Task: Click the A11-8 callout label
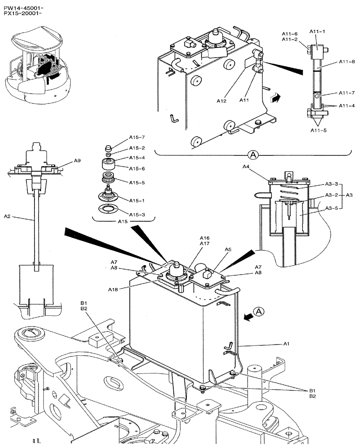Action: (x=347, y=61)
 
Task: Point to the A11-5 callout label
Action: (x=319, y=130)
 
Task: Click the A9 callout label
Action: (x=77, y=160)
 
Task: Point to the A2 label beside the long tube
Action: (x=7, y=216)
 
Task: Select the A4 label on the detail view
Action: (x=246, y=167)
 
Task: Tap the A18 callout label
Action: (x=113, y=290)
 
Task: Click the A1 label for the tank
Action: (x=287, y=344)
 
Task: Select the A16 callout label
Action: (x=204, y=238)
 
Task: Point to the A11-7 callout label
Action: (x=347, y=93)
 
